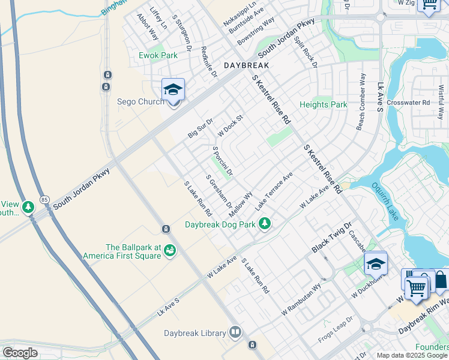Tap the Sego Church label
140,101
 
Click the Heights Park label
323,104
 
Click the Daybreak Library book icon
236,332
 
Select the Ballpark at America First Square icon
170,249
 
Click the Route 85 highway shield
44,199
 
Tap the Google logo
20,353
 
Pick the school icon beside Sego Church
173,90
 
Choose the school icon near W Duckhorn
375,263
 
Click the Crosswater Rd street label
408,103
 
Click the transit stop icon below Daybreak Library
252,345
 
